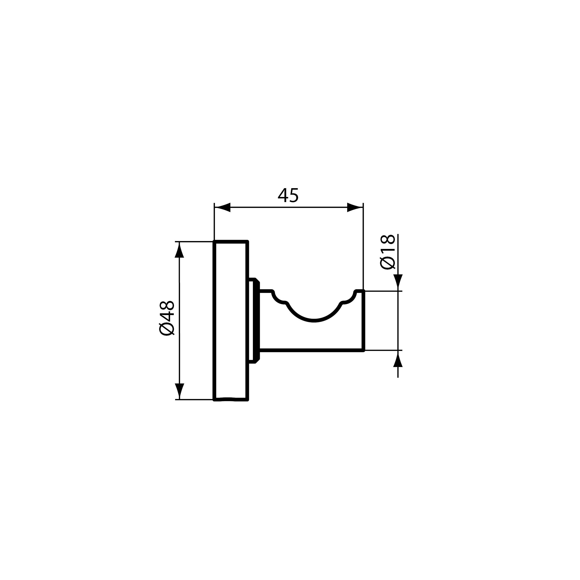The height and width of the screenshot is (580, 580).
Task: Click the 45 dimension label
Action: [288, 195]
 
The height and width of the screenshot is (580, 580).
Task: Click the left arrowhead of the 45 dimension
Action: [222, 207]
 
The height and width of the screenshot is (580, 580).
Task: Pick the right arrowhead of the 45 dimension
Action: [355, 207]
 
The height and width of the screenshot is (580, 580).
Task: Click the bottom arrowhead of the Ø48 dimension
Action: [179, 391]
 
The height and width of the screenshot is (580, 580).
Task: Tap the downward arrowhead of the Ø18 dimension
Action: [398, 283]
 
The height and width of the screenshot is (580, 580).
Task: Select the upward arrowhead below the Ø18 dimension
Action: [398, 359]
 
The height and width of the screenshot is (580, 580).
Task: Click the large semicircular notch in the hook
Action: [314, 321]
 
